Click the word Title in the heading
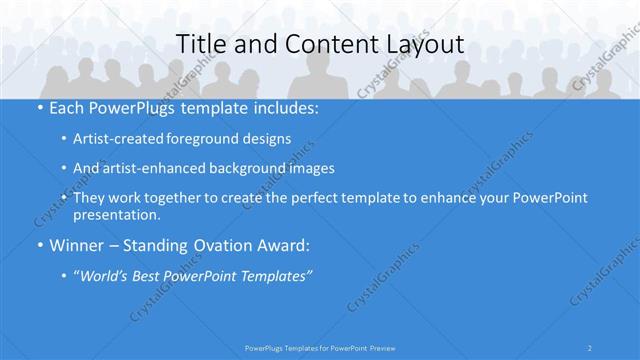tap(199, 44)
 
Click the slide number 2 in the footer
tap(590, 347)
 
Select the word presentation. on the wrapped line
tap(117, 214)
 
